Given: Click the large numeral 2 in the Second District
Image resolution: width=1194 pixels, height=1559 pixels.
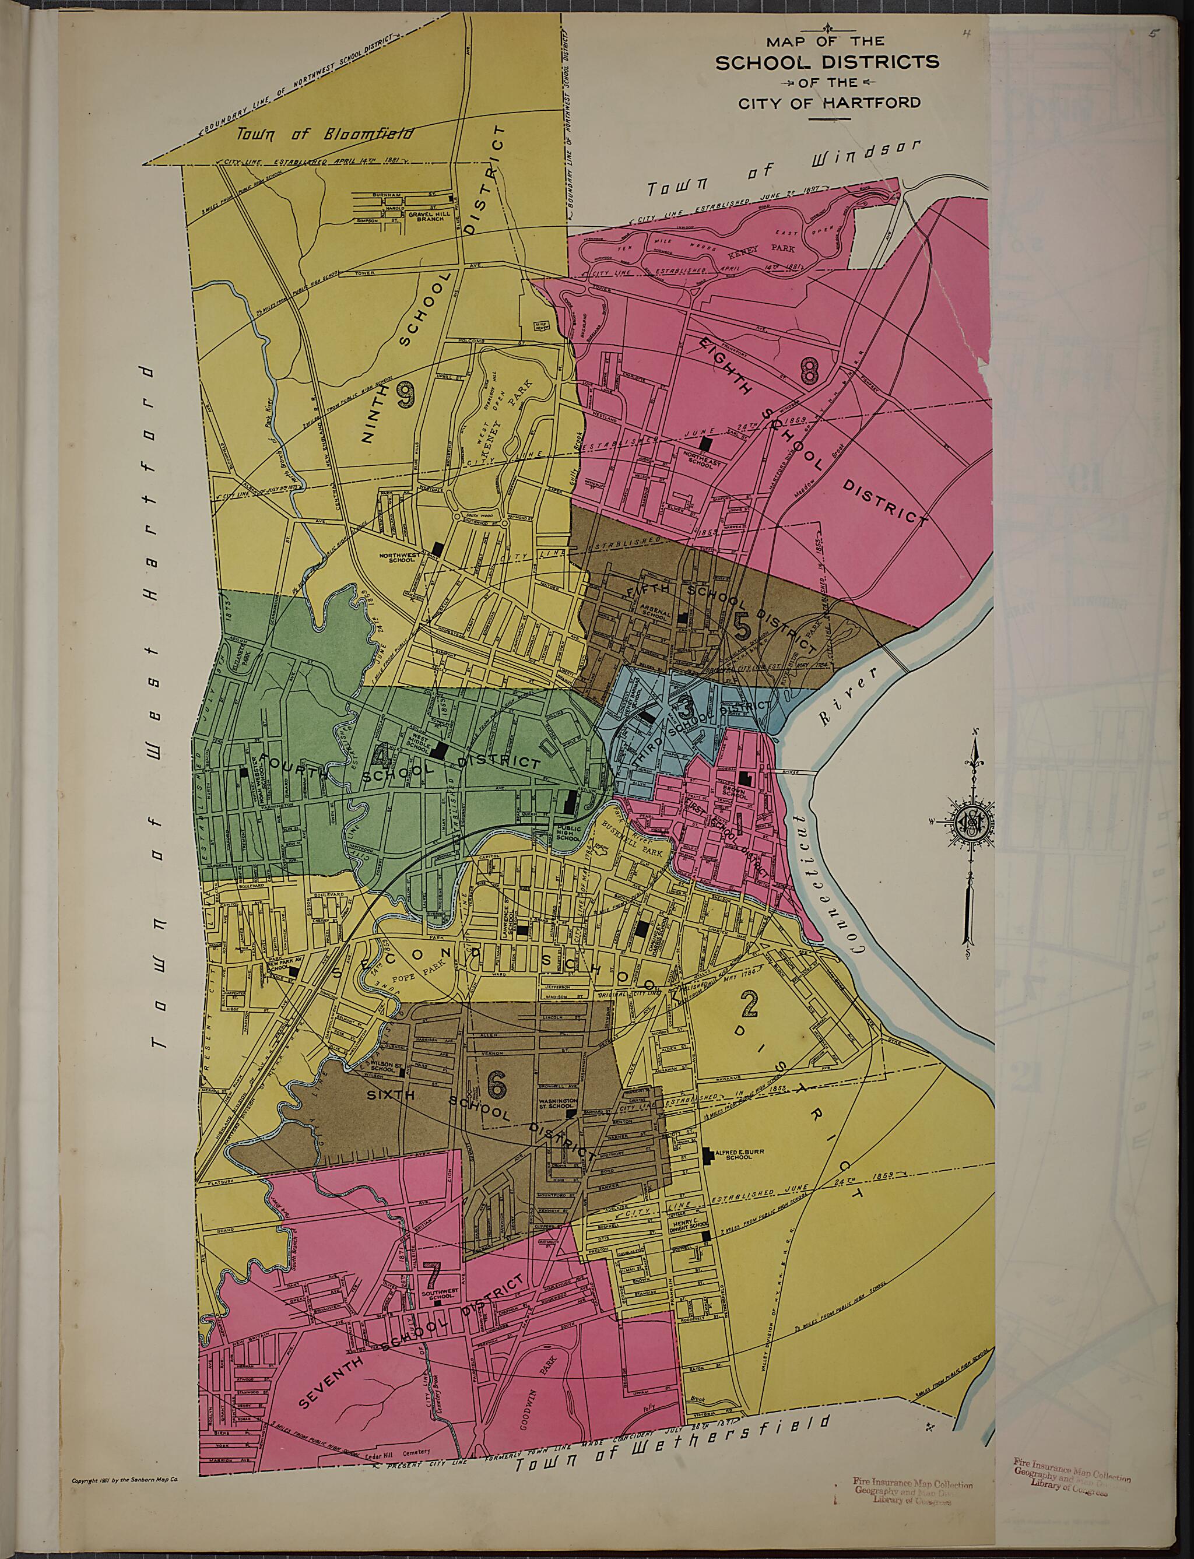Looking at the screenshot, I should [749, 1006].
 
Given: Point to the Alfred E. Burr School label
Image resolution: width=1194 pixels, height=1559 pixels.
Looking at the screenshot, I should [733, 1156].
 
